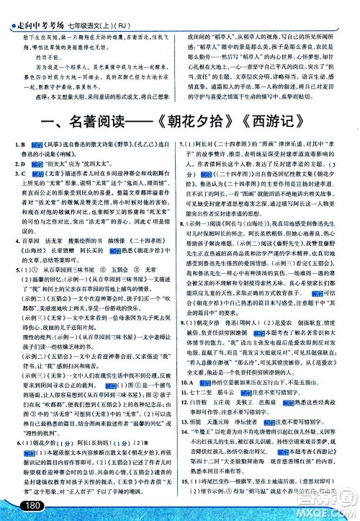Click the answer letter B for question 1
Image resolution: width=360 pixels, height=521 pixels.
[x=22, y=145]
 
